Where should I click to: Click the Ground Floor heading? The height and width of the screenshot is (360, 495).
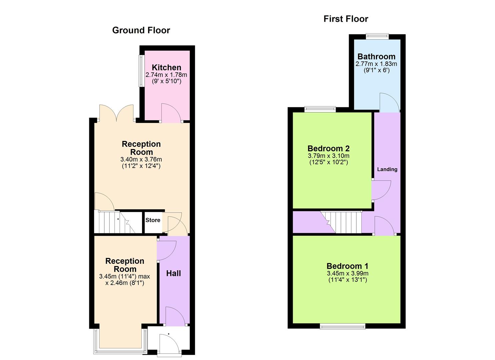(141, 30)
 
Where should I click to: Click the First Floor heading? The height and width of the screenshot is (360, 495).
(346, 19)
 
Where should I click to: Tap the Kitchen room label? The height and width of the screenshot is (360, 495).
(166, 68)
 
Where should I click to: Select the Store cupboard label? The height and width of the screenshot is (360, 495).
(153, 220)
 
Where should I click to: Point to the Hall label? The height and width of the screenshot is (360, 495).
(173, 273)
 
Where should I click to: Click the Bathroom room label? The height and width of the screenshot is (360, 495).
(376, 57)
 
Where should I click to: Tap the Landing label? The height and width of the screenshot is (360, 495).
(387, 169)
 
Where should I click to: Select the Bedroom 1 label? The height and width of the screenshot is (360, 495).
(347, 266)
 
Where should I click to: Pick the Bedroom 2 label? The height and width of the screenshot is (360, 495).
(328, 149)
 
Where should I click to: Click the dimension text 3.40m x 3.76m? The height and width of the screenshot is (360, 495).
(141, 159)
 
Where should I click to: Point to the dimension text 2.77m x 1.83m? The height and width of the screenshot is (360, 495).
(376, 64)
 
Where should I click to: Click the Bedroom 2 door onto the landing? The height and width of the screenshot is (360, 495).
(381, 190)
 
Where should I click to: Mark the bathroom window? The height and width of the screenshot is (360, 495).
(377, 36)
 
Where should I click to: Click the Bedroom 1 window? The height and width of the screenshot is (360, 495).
(342, 326)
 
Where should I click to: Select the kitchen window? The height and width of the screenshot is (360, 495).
(141, 71)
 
